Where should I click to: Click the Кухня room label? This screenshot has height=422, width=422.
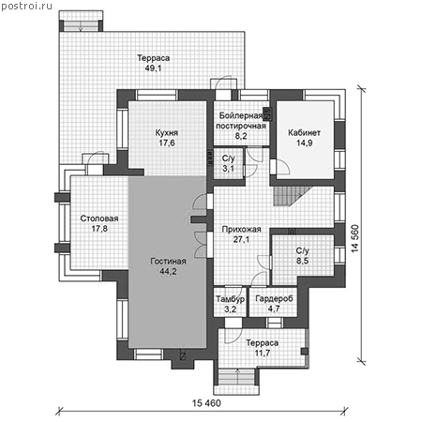coord(167,133)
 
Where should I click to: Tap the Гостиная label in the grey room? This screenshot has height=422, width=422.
coord(168,262)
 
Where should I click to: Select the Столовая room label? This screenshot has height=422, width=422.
coord(99,219)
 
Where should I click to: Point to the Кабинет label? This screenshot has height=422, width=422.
coord(304,133)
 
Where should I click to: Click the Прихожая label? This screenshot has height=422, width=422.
coord(241,230)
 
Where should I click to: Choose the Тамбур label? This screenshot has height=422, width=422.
coord(230,299)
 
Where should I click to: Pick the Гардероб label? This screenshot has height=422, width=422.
coord(274,299)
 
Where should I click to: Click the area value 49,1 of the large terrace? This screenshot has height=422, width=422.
coord(153,68)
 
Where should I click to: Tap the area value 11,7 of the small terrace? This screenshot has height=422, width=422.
coord(263,353)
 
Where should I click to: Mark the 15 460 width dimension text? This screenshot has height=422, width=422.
coord(206,403)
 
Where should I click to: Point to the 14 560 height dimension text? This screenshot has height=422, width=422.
coord(354,238)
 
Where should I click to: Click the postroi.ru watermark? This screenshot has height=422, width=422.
coord(27,7)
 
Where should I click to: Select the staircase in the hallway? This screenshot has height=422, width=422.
coord(289,196)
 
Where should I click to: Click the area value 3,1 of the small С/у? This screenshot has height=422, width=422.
coord(228,169)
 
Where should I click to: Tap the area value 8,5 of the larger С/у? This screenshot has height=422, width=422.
coord(302,261)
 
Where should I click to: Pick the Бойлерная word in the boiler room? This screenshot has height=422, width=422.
coord(240,116)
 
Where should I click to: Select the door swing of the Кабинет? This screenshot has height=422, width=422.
coord(283,167)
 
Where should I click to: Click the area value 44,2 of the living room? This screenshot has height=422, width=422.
coord(168,271)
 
